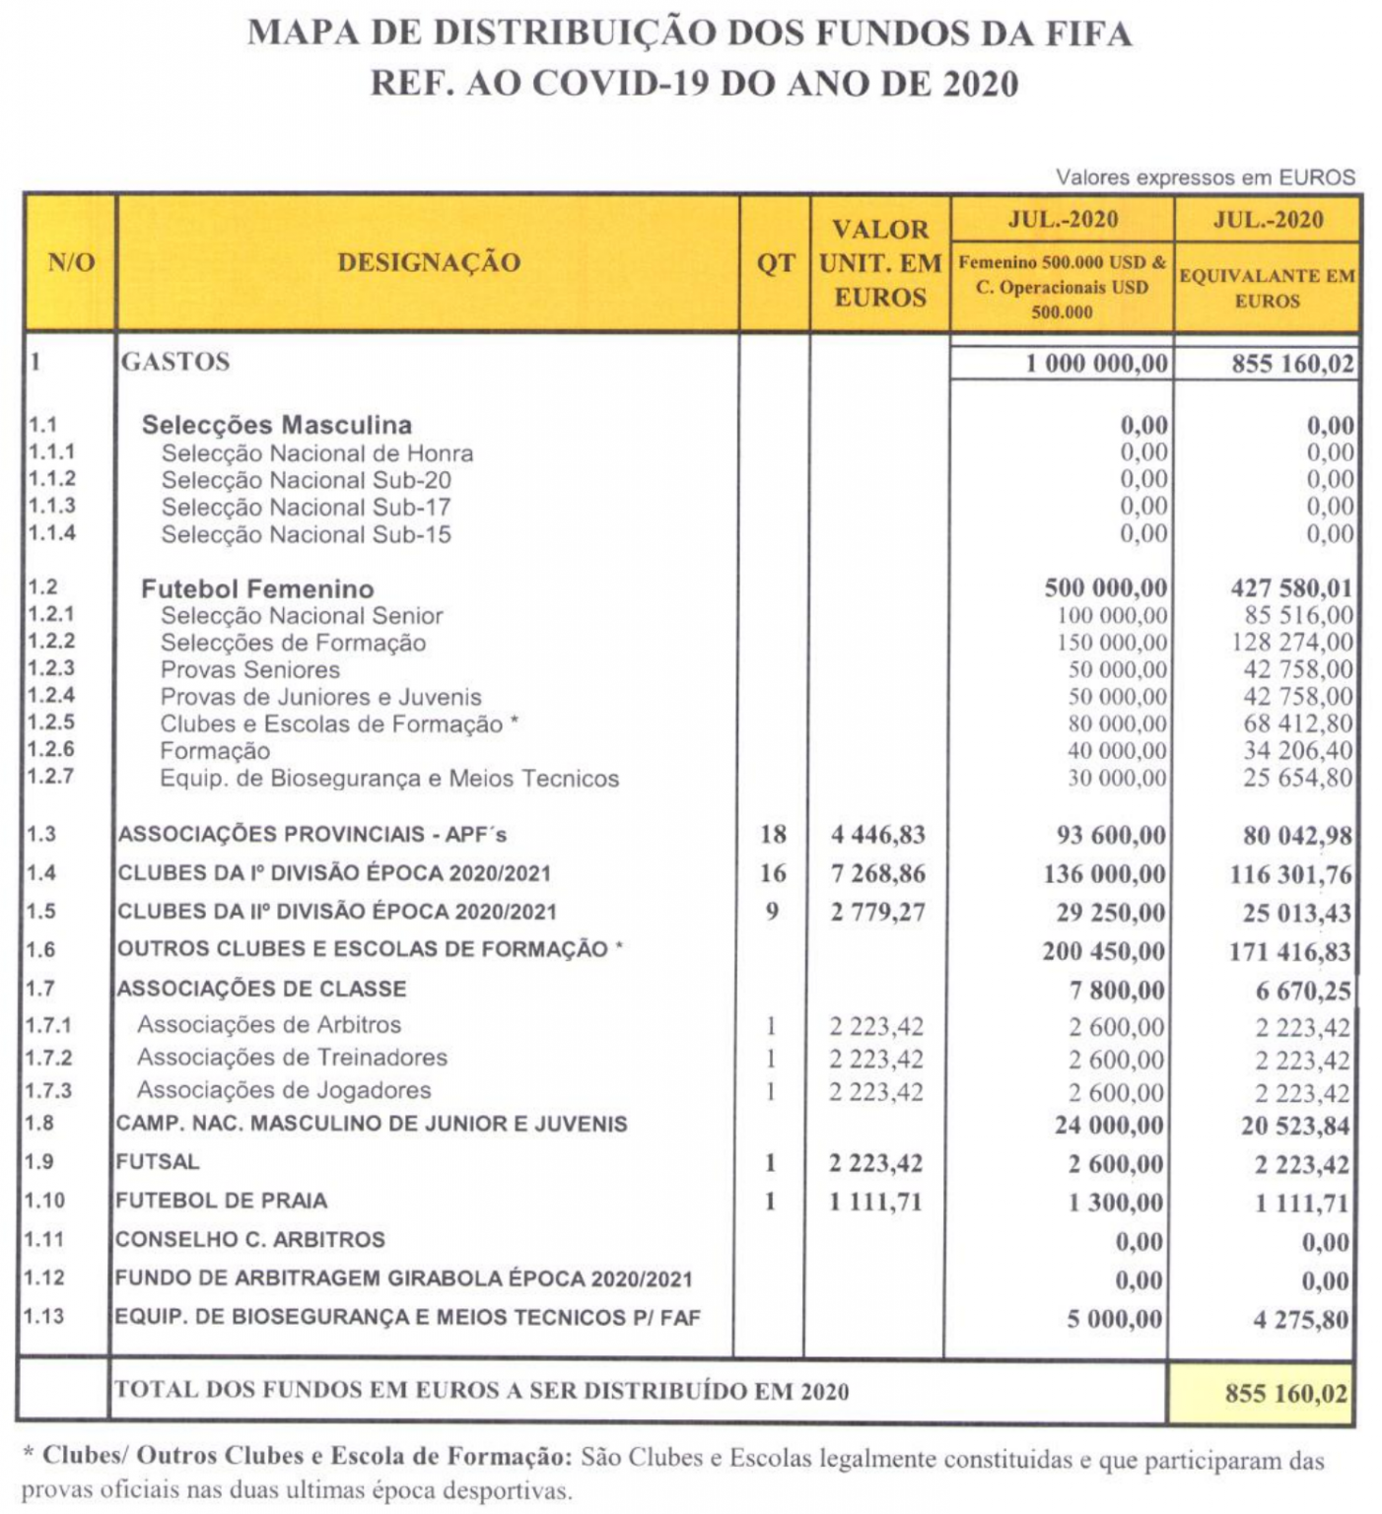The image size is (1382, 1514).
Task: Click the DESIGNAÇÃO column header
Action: pyautogui.click(x=429, y=263)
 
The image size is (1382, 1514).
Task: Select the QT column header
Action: pyautogui.click(x=775, y=264)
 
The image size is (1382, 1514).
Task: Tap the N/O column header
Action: pyautogui.click(x=71, y=263)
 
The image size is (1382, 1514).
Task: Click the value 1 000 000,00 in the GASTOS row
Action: pyautogui.click(x=1096, y=364)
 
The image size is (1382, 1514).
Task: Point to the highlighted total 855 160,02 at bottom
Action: pyautogui.click(x=1285, y=1394)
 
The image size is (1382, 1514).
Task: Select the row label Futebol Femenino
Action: pyautogui.click(x=257, y=589)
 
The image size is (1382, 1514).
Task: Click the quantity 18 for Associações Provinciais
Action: pyautogui.click(x=773, y=835)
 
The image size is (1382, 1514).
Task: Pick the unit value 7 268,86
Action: pyautogui.click(x=877, y=874)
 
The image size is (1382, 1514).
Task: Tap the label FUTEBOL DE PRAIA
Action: pyautogui.click(x=221, y=1202)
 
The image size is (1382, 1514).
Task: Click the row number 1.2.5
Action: pyautogui.click(x=50, y=723)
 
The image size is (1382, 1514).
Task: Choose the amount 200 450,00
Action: pyautogui.click(x=1103, y=952)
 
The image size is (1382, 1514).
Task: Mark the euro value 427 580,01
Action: pyautogui.click(x=1291, y=588)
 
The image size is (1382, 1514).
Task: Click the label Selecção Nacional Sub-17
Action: pyautogui.click(x=306, y=508)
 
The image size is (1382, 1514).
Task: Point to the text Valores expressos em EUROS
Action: pyautogui.click(x=1205, y=178)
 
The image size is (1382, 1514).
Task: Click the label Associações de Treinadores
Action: pyautogui.click(x=292, y=1059)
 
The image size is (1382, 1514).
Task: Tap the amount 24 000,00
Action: pyautogui.click(x=1109, y=1126)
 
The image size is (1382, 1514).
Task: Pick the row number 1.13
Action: pyautogui.click(x=44, y=1318)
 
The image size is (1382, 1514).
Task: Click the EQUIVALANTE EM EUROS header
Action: pyautogui.click(x=1267, y=289)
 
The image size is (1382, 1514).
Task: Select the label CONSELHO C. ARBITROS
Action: pyautogui.click(x=249, y=1240)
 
